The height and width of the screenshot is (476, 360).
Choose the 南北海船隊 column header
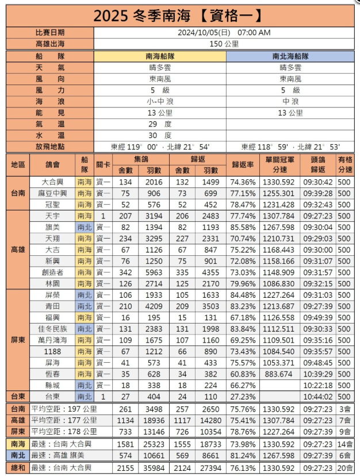click(x=290, y=56)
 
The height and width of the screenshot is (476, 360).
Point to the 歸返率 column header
click(x=243, y=164)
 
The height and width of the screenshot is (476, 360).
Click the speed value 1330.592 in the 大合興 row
click(x=280, y=182)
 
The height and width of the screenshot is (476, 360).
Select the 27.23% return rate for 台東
click(x=243, y=396)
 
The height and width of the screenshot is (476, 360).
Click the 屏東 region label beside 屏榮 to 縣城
click(x=17, y=340)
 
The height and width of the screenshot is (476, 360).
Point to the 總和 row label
click(x=17, y=468)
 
